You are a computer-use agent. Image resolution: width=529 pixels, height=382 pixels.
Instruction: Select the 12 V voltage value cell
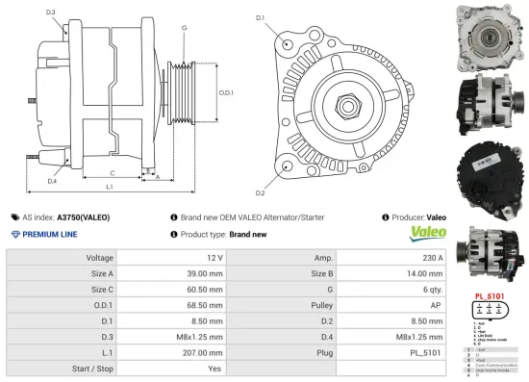pos(214,258)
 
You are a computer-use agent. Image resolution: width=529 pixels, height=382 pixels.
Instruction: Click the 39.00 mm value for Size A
pos(205,274)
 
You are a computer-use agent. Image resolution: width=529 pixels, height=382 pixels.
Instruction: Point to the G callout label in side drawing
pos(183,29)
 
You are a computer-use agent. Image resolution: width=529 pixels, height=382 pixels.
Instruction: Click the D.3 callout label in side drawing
pos(50,13)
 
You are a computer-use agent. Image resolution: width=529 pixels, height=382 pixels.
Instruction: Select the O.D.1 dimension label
pos(226,92)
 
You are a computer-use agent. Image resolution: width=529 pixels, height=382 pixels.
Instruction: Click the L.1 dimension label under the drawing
pos(110,186)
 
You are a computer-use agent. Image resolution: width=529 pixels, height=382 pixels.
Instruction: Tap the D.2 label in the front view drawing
pos(259,180)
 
